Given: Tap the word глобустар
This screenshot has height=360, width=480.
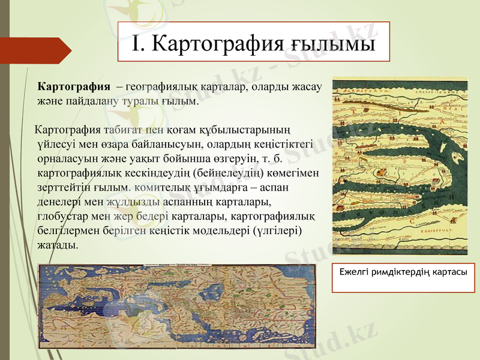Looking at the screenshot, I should pyautogui.click(x=62, y=217).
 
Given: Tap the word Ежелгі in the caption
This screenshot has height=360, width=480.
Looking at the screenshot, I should pyautogui.click(x=353, y=272).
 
